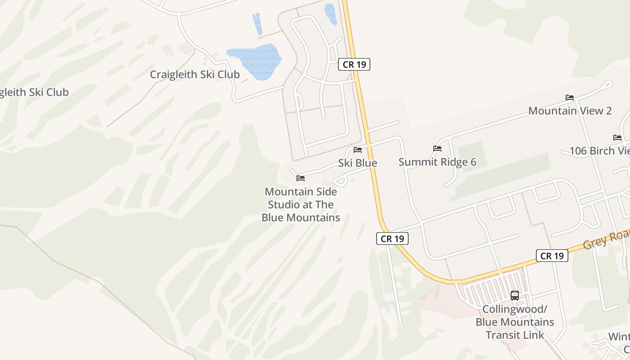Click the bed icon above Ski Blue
pyautogui.click(x=358, y=149)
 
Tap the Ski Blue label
pyautogui.click(x=358, y=163)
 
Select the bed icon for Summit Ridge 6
pyautogui.click(x=437, y=148)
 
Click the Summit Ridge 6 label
pyautogui.click(x=437, y=162)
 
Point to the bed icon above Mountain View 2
pyautogui.click(x=570, y=97)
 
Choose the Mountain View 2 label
pyautogui.click(x=570, y=111)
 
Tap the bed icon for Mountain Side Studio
pyautogui.click(x=301, y=178)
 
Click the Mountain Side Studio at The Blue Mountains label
pyautogui.click(x=301, y=205)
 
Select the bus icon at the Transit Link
pyautogui.click(x=515, y=296)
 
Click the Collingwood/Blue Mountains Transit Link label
pyautogui.click(x=515, y=322)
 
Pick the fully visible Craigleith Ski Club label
pyautogui.click(x=194, y=74)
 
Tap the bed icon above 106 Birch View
pyautogui.click(x=617, y=137)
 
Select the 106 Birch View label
pyautogui.click(x=599, y=151)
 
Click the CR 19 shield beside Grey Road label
pyautogui.click(x=552, y=256)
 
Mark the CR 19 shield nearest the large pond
pyautogui.click(x=354, y=64)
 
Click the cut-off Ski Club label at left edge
pyautogui.click(x=34, y=92)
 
